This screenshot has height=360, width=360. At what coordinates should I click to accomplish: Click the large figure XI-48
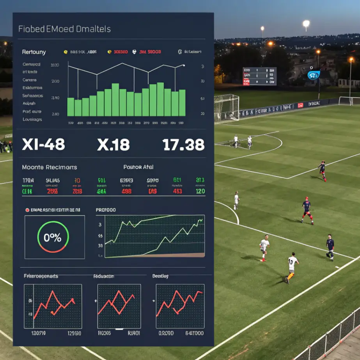coord(44,145)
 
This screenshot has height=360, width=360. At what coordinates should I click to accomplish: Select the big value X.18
coord(113,145)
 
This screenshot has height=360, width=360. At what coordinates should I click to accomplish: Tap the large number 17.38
coord(183,145)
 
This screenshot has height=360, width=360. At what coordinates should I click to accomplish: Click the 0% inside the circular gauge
coord(52,238)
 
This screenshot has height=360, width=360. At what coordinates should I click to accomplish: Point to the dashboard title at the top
coord(64,29)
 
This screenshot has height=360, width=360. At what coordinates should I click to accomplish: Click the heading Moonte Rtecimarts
coord(50,167)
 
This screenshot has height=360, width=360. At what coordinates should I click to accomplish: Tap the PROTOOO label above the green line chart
coord(106,210)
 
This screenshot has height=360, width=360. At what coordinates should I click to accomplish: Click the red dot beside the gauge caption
coord(27,210)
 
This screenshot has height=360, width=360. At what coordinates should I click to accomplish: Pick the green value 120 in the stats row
coord(200,192)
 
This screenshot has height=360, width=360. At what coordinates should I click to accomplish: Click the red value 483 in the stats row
coord(177,192)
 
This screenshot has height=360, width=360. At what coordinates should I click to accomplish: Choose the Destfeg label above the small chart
coord(160,276)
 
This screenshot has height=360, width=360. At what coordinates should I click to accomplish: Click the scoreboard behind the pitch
coord(259,76)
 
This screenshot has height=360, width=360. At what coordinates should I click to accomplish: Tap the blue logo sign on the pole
coord(314,75)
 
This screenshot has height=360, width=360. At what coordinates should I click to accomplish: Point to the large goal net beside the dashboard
coord(226,108)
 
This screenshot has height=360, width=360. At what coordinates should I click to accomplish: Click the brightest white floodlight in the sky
coord(306,23)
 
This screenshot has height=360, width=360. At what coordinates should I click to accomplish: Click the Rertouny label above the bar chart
coord(34,52)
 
